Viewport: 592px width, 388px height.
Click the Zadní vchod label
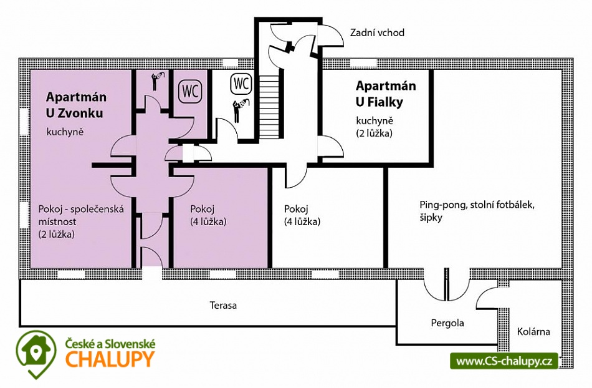coord(377,32)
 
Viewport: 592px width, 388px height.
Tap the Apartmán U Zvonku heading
coord(76,105)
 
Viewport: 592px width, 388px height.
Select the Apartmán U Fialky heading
coord(386,94)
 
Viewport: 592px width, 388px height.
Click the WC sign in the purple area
coord(190,91)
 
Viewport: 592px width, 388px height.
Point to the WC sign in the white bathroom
coord(241,83)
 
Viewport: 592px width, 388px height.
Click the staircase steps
coord(270,107)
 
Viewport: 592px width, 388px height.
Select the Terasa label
coord(223,305)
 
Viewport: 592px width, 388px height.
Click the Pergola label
coord(447,323)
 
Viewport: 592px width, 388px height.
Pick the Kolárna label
coord(533,332)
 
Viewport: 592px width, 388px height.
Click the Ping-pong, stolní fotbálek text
coord(477,205)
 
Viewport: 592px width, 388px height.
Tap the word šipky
coord(431,218)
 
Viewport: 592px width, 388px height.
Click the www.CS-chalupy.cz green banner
coord(504,361)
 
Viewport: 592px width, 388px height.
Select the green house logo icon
coord(36,354)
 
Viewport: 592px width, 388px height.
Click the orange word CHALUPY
coord(110,359)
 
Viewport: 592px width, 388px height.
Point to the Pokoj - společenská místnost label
coord(81,215)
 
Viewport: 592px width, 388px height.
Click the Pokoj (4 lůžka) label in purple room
coord(208,215)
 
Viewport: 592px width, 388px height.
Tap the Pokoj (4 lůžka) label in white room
coord(302,215)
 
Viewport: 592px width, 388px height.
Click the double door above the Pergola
coord(447,284)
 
